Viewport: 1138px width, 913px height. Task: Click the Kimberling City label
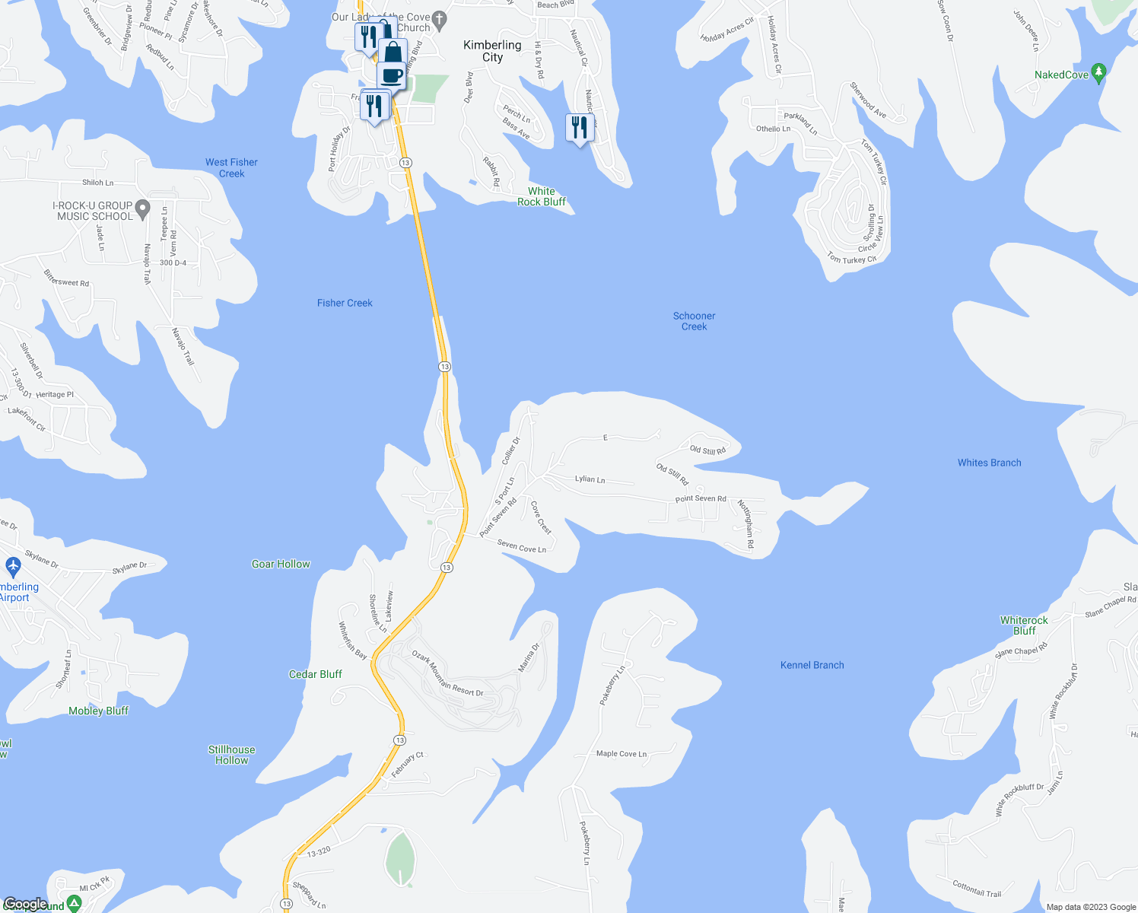click(x=492, y=51)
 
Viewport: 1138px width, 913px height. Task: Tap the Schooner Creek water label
click(x=694, y=321)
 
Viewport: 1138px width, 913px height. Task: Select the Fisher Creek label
click(x=345, y=303)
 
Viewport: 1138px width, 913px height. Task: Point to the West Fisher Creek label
click(x=231, y=167)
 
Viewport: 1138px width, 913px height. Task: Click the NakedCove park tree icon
click(x=1098, y=73)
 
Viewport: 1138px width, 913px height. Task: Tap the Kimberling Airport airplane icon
click(x=13, y=566)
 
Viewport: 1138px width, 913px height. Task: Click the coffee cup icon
click(x=392, y=75)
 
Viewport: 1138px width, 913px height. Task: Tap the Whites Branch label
click(x=989, y=463)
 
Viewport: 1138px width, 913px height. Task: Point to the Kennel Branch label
click(x=812, y=665)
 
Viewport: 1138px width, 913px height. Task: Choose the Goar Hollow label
click(x=281, y=564)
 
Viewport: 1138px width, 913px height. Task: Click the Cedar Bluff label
click(x=315, y=674)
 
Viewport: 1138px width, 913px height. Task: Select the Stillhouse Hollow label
click(x=231, y=755)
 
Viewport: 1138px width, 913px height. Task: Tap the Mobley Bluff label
click(x=98, y=711)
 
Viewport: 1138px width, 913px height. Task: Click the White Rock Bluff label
click(x=542, y=196)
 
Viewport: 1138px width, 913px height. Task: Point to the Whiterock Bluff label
click(x=1024, y=625)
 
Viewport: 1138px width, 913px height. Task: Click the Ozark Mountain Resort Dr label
click(x=447, y=673)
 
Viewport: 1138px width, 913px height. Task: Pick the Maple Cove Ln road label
click(x=621, y=754)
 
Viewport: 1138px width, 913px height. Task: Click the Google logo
click(x=26, y=904)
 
